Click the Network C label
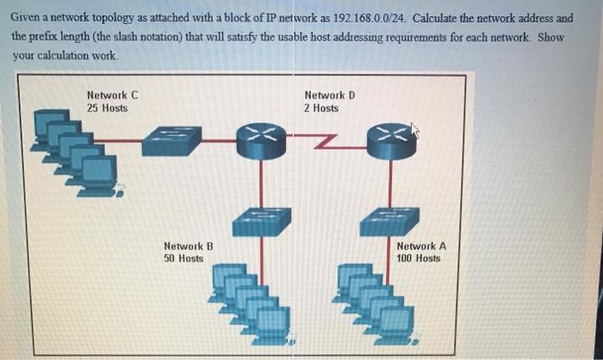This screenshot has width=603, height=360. (x=112, y=95)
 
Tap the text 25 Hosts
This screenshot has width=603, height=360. (x=107, y=108)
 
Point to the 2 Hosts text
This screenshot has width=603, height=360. (x=321, y=108)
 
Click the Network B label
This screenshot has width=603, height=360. (x=188, y=245)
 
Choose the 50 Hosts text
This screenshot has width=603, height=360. (x=183, y=258)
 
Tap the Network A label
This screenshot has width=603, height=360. (x=421, y=245)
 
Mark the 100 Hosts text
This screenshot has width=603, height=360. (x=419, y=258)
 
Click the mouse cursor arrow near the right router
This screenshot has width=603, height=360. (x=415, y=130)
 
